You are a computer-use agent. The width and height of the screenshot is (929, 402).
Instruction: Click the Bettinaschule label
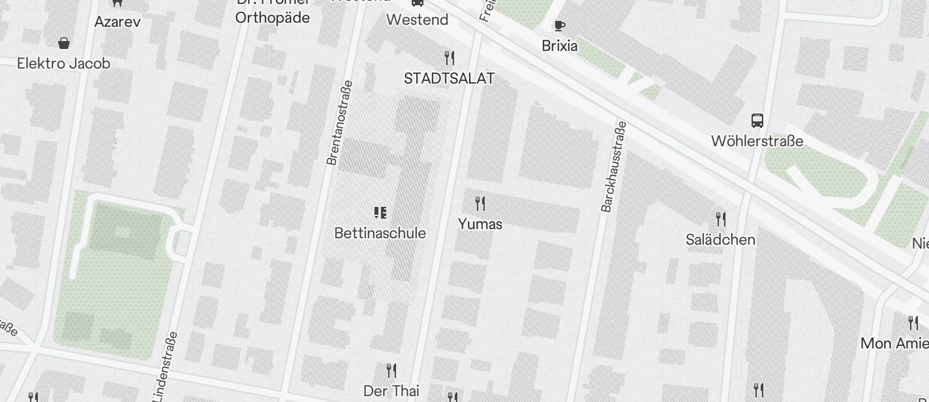(x=380, y=233)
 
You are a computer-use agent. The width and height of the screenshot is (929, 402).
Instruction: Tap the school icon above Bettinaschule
(x=380, y=212)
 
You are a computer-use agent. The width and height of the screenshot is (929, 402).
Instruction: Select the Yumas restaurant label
(x=480, y=224)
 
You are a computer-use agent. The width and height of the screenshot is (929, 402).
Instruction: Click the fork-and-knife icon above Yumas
(x=480, y=203)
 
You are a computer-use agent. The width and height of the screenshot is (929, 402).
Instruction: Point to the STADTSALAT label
(x=449, y=78)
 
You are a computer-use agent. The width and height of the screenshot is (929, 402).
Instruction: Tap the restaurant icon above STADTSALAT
(x=449, y=57)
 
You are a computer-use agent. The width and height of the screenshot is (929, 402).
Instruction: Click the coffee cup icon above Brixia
(x=559, y=25)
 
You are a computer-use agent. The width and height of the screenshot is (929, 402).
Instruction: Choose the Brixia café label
(x=560, y=46)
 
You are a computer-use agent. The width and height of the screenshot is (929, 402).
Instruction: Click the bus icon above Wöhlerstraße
(x=757, y=120)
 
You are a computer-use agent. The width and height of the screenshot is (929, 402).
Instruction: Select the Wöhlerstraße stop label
(x=757, y=141)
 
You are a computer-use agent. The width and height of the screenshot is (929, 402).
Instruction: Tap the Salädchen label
(x=720, y=240)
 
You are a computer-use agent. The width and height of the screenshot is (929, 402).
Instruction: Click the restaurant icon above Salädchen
(x=720, y=219)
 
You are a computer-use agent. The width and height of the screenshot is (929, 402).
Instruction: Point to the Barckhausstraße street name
(x=613, y=166)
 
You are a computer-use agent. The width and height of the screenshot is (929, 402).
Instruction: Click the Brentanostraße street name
(x=339, y=123)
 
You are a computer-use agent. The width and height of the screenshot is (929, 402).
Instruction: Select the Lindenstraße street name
(x=164, y=367)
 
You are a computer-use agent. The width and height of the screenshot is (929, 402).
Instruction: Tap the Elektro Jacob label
(x=63, y=63)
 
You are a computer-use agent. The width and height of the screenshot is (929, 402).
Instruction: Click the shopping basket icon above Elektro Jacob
(x=64, y=43)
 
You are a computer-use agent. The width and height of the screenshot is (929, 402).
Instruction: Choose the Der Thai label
(x=391, y=391)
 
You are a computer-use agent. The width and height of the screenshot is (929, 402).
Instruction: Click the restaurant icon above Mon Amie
(x=913, y=322)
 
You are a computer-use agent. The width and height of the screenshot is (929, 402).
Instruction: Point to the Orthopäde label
(x=272, y=18)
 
